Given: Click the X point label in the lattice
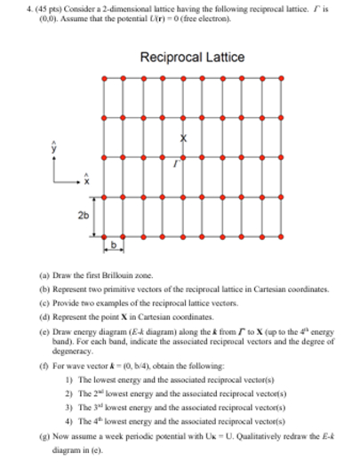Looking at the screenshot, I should coord(184,139).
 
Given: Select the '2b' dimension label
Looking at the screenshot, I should coord(82,215).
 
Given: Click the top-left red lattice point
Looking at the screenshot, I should coord(104,79).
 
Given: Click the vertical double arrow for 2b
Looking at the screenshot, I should coord(95,215).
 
